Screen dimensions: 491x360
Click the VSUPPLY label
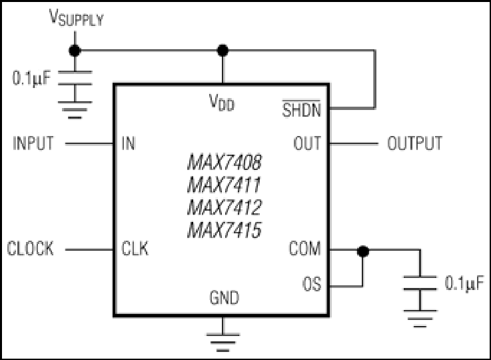(x=77, y=17)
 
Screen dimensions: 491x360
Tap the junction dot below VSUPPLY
(x=75, y=51)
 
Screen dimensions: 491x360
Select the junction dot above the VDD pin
(x=223, y=51)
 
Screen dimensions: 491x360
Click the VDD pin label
(x=222, y=103)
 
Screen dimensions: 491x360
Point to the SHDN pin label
(x=302, y=109)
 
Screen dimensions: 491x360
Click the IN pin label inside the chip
(x=129, y=143)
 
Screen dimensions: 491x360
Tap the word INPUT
(x=33, y=143)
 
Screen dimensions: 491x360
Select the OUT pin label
(x=307, y=143)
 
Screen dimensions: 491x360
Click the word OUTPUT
(x=415, y=143)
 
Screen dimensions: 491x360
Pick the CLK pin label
(x=135, y=249)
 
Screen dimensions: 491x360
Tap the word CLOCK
(x=31, y=249)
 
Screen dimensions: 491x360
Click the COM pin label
(x=305, y=249)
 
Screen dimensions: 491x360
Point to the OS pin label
(x=312, y=284)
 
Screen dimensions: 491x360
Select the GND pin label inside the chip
(x=225, y=297)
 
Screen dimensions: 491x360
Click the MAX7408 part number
(x=225, y=162)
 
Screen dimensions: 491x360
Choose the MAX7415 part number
(x=225, y=230)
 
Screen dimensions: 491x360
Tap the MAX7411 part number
(x=224, y=185)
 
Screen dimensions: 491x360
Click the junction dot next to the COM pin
(x=363, y=251)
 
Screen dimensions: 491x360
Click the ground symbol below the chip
(x=223, y=343)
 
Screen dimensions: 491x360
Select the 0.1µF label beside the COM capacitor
(x=464, y=283)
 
